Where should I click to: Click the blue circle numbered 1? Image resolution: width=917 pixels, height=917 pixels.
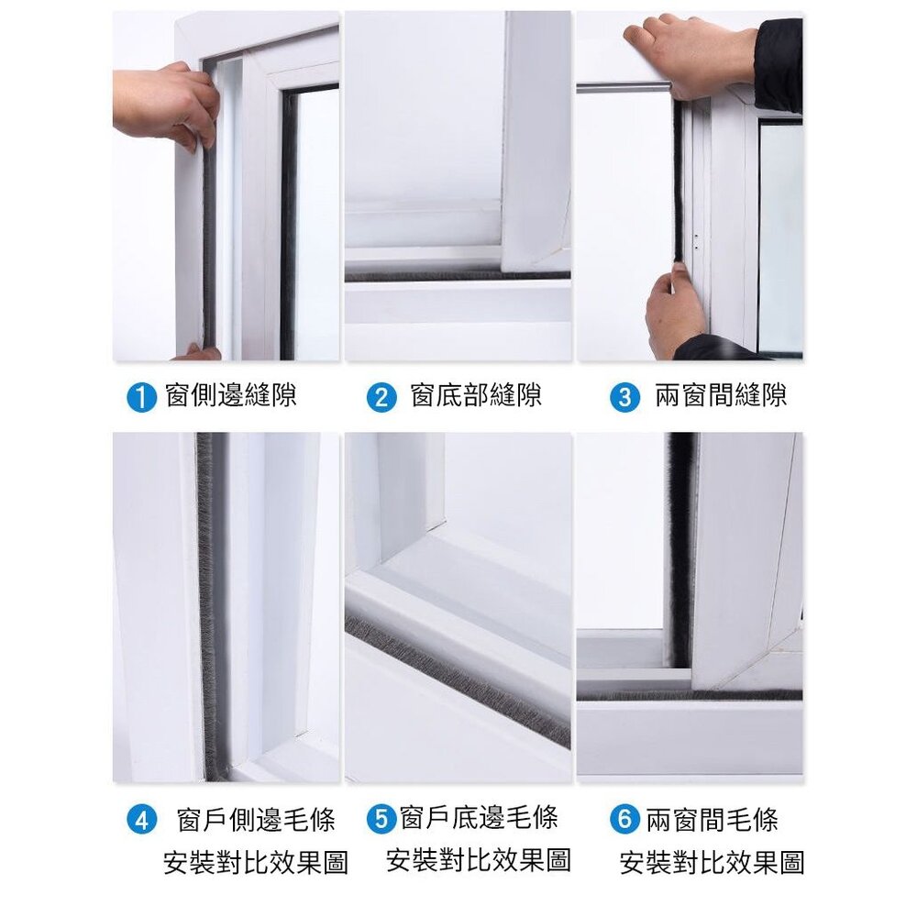click(x=140, y=397)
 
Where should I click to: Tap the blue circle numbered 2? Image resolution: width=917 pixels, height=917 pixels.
click(x=381, y=397)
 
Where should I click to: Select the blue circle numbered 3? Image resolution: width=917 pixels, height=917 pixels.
click(x=624, y=397)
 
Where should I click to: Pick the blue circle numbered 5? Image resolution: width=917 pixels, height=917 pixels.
click(x=381, y=818)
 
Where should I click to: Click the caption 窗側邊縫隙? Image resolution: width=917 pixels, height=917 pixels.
click(x=231, y=396)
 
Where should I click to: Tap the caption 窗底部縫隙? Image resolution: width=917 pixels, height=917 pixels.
click(x=476, y=396)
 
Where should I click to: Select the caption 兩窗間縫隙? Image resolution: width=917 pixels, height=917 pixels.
click(x=721, y=396)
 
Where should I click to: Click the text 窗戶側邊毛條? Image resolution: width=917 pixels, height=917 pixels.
click(x=256, y=820)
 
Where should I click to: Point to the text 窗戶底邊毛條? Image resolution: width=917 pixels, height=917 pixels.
click(x=479, y=817)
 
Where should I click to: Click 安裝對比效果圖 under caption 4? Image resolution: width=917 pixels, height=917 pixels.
click(x=256, y=862)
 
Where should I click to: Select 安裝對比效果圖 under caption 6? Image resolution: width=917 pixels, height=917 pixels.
click(x=712, y=862)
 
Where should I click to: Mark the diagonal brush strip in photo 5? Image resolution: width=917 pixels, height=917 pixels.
click(x=458, y=679)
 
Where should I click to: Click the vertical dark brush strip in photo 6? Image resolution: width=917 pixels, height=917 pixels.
click(x=679, y=550)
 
